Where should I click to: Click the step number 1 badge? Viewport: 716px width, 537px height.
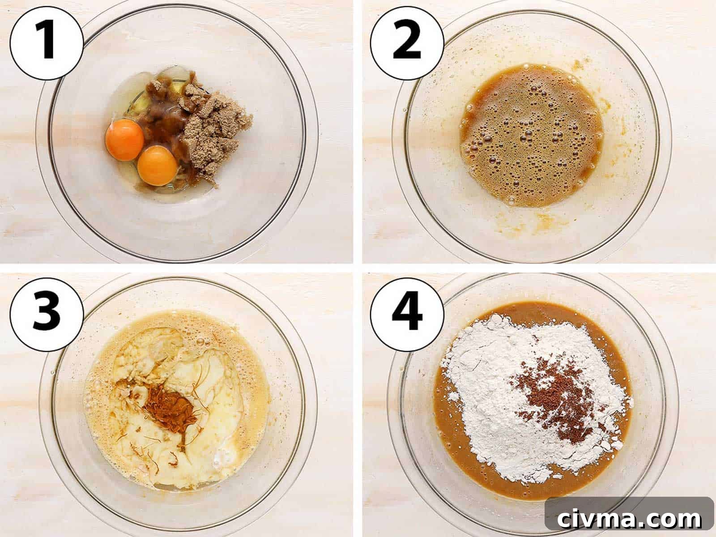pos(47,43)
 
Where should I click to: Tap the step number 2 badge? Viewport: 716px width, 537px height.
pos(407,43)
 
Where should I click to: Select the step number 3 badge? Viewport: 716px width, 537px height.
pos(47,315)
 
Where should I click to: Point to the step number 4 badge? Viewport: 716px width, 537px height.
pos(407,315)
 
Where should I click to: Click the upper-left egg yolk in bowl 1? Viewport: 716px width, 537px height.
pos(124,140)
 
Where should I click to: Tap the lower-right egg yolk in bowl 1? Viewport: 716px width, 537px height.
pos(157,166)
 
